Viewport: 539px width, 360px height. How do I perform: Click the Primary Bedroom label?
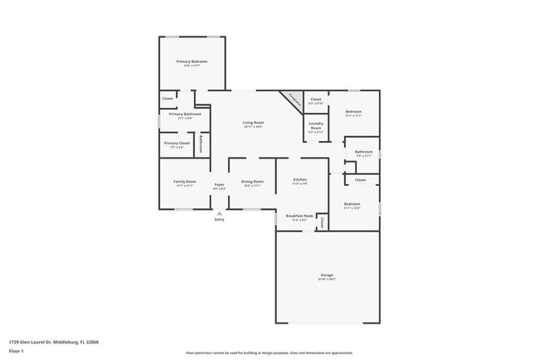click(x=192, y=61)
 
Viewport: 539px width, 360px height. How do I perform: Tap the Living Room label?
click(x=253, y=124)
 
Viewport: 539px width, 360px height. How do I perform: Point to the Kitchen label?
click(x=300, y=180)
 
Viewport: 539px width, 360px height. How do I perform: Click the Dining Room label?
click(x=252, y=181)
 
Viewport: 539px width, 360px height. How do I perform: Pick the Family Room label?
click(x=184, y=181)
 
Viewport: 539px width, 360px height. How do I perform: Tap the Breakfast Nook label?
click(x=299, y=216)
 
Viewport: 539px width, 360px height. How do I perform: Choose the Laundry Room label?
click(x=316, y=126)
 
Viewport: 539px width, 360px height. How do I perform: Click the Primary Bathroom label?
click(x=186, y=114)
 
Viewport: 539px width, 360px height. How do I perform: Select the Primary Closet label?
click(x=177, y=144)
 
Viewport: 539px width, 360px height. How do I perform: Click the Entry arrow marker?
click(x=219, y=212)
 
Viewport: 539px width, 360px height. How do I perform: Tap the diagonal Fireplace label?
click(x=294, y=99)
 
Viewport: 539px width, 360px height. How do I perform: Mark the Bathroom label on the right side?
click(x=364, y=152)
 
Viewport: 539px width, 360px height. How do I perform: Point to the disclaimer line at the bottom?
click(x=269, y=353)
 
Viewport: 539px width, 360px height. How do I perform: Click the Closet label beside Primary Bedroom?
click(x=168, y=99)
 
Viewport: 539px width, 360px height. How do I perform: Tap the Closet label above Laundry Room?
click(x=316, y=100)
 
